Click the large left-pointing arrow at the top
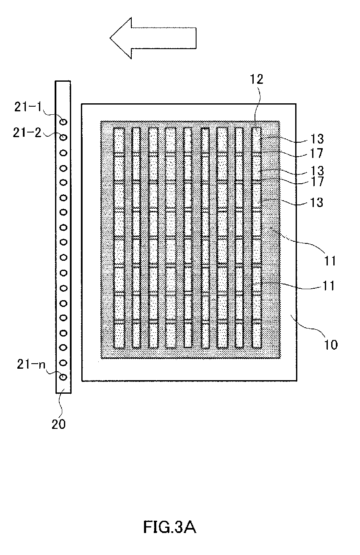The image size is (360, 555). point(152,37)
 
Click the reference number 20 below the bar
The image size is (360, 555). point(59,424)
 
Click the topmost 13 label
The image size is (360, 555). point(316,138)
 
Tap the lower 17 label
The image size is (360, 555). point(316,182)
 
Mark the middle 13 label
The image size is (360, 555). point(316,171)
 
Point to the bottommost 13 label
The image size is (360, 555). point(316,202)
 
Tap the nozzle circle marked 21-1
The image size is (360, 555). point(63,122)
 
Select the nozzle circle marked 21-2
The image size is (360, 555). point(63,137)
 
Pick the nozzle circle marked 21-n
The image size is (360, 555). point(63,377)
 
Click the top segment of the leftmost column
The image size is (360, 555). point(119,141)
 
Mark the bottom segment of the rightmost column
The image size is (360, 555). point(256,335)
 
